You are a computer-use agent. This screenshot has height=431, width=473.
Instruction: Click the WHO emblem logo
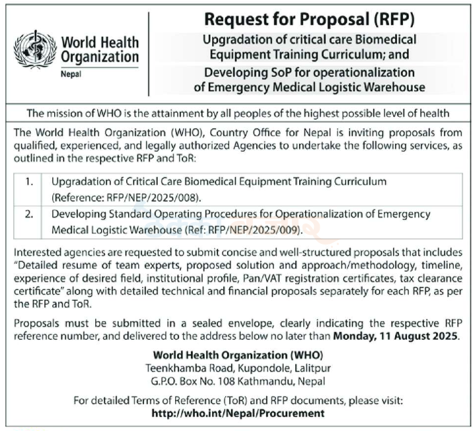(x=34, y=50)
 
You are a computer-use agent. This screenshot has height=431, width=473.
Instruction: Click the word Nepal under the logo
(x=69, y=74)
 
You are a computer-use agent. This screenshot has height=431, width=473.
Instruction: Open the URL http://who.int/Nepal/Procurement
(x=238, y=413)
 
